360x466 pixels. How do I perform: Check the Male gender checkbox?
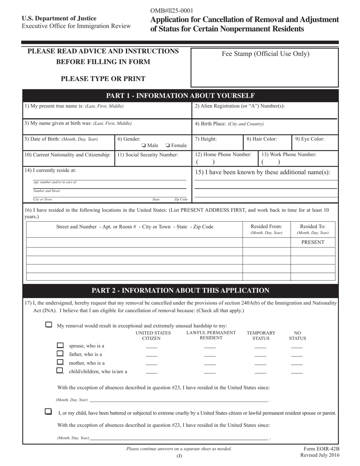click(144, 145)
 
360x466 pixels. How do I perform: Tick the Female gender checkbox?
click(167, 145)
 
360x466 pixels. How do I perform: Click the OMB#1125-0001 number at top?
click(172, 11)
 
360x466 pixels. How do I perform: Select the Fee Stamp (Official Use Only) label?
click(265, 54)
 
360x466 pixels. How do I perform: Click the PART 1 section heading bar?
click(180, 95)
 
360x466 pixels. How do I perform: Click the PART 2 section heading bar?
click(180, 291)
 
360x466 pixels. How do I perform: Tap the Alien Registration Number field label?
click(239, 106)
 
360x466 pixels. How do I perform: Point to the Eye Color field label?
click(310, 139)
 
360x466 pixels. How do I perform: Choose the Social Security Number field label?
click(147, 155)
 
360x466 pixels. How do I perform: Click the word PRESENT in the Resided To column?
click(313, 242)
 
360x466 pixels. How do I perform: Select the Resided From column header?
click(266, 227)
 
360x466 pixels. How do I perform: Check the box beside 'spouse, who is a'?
click(60, 345)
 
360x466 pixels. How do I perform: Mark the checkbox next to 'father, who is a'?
click(60, 353)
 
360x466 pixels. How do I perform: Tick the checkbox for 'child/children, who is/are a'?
click(60, 371)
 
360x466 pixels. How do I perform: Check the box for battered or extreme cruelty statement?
click(48, 411)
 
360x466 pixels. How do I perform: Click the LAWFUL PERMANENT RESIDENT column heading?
click(211, 335)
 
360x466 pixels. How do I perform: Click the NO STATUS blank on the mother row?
click(297, 364)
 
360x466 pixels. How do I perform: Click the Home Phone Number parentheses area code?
click(205, 162)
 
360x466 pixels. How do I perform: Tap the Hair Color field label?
click(261, 139)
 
